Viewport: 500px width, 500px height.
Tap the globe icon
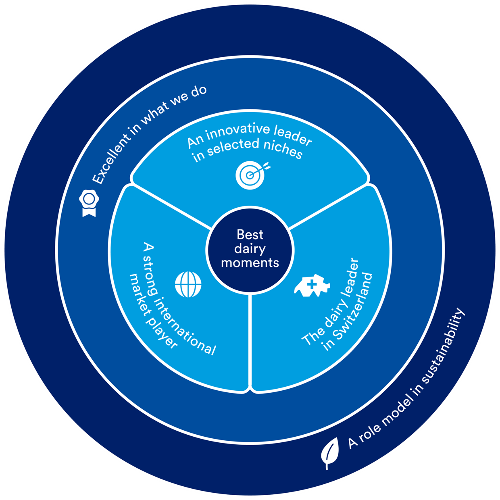tap(188, 284)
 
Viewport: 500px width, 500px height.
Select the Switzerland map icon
tap(312, 286)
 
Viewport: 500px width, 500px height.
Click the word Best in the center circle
tap(250, 234)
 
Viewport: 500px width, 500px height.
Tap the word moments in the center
tap(250, 262)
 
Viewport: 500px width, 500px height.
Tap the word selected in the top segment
tap(233, 146)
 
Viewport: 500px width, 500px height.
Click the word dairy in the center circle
tap(250, 248)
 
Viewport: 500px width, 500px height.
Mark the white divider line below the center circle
tap(250, 343)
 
